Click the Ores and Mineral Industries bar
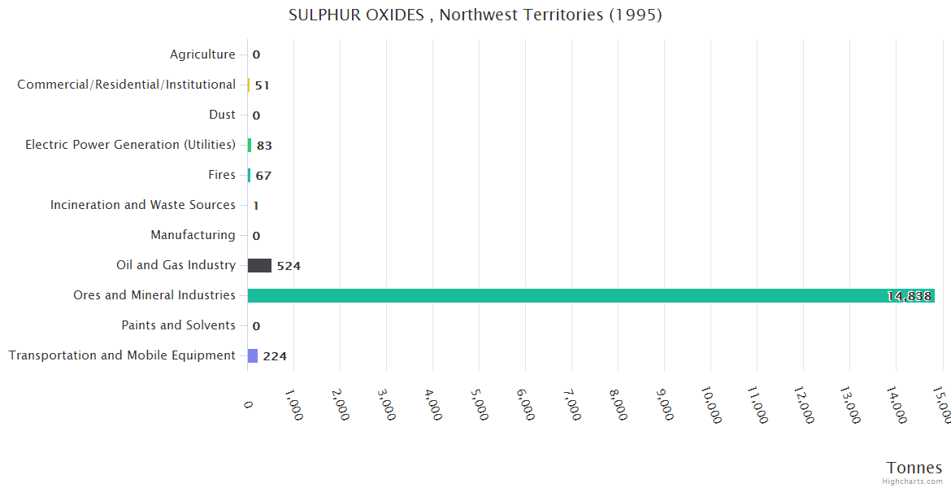click(x=591, y=295)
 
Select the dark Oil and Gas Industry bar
click(x=259, y=265)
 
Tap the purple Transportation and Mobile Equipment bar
click(x=253, y=355)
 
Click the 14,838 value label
click(x=909, y=296)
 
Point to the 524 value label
click(x=289, y=266)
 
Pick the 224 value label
click(x=275, y=356)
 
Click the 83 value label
click(x=264, y=146)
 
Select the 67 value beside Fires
click(x=263, y=176)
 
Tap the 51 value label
click(x=262, y=85)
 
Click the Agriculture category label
click(x=202, y=54)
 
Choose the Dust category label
click(x=222, y=115)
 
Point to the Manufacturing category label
click(x=193, y=235)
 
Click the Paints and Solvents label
click(x=178, y=325)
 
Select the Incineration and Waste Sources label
click(x=143, y=205)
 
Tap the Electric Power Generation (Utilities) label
click(x=130, y=145)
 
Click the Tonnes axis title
click(x=914, y=468)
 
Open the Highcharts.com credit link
click(x=912, y=481)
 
